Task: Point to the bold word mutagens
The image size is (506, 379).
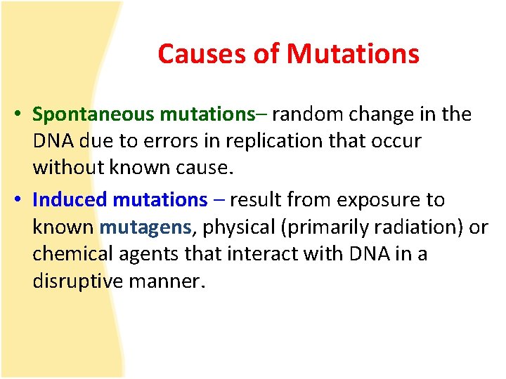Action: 145,227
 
